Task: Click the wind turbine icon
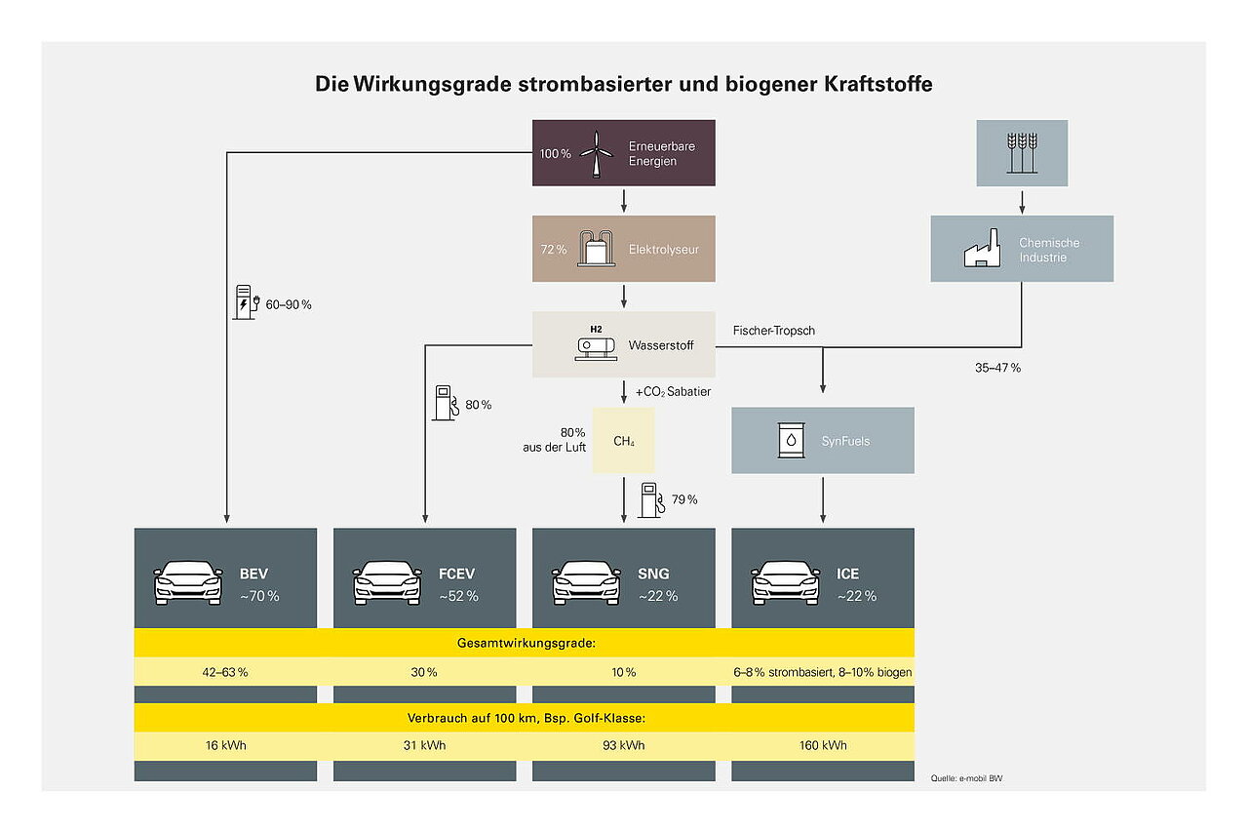(596, 153)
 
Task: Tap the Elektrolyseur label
(663, 250)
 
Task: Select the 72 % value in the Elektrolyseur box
(553, 250)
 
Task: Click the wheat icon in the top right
(1022, 153)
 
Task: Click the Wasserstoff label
(661, 345)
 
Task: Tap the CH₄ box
(623, 441)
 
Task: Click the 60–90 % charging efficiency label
(288, 305)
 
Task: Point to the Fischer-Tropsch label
(773, 331)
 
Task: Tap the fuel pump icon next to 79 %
(649, 499)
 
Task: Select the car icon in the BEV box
(188, 583)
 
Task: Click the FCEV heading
(457, 574)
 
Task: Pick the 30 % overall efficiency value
(424, 672)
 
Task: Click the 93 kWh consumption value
(623, 745)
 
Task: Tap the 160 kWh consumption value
(822, 745)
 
